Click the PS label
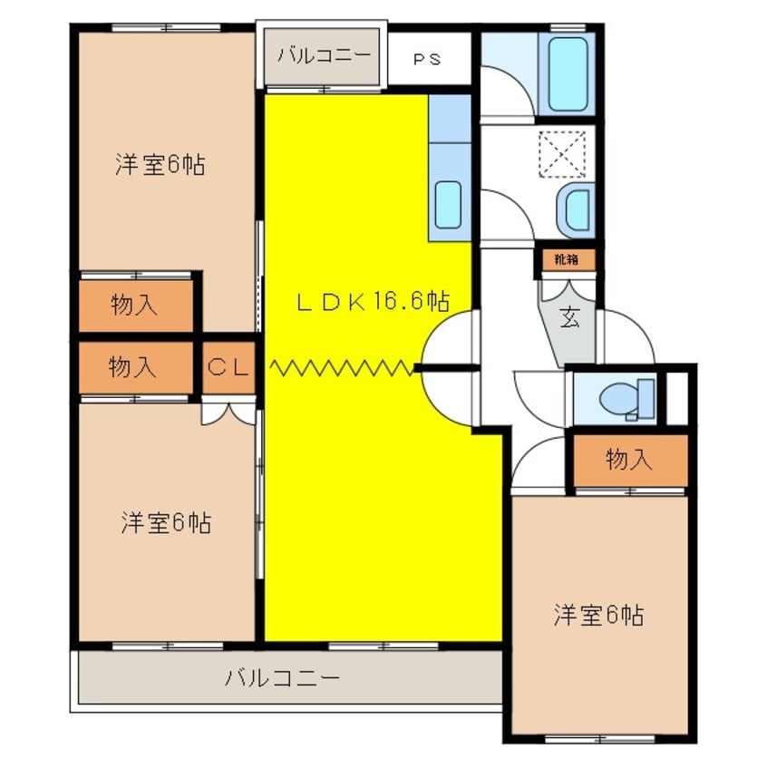pos(427,60)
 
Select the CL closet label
pos(228,367)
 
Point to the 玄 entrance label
pos(569,318)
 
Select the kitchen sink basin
pos(449,205)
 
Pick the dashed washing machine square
pos(562,154)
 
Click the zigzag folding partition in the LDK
pos(341,367)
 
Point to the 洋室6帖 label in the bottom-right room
pos(598,616)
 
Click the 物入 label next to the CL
pos(132,367)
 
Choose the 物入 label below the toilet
pos(628,461)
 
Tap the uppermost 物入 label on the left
pos(134,306)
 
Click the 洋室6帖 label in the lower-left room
pos(166,522)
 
